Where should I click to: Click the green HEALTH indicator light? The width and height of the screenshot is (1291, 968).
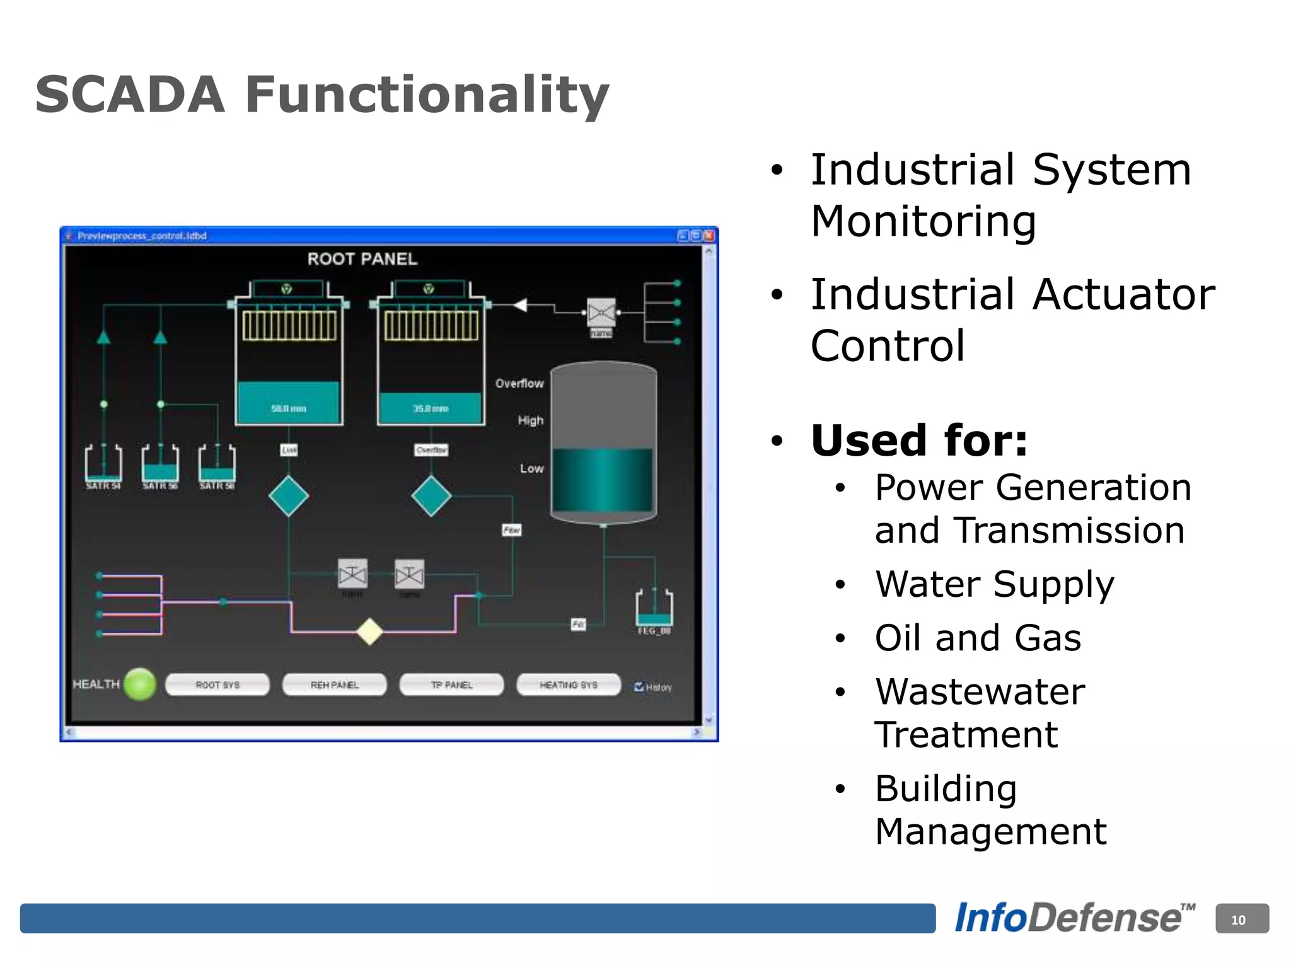(140, 684)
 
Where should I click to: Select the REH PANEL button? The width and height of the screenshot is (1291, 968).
(334, 685)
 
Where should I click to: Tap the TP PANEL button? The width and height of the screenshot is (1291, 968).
(451, 685)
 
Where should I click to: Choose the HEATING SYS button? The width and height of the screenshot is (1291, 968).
(568, 685)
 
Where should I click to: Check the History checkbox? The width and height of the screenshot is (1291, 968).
(639, 687)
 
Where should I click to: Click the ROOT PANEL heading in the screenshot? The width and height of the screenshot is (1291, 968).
(362, 259)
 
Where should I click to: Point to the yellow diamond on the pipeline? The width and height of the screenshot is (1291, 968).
(369, 631)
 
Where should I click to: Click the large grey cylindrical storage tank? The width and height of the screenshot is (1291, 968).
(603, 441)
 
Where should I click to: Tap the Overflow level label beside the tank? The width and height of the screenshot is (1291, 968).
(519, 383)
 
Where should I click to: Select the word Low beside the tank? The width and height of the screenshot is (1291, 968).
(531, 468)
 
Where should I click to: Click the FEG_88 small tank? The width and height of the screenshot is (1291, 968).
(654, 608)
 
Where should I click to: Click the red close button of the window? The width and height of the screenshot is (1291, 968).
(709, 236)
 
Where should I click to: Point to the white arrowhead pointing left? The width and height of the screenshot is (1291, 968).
(520, 306)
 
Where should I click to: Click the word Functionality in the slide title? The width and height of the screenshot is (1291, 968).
(427, 95)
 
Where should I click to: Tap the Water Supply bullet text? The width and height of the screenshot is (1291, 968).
(994, 584)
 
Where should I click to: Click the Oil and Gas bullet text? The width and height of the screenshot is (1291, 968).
(978, 638)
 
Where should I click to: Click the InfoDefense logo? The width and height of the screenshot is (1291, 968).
(1074, 918)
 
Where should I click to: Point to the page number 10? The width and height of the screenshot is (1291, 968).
(1237, 920)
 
